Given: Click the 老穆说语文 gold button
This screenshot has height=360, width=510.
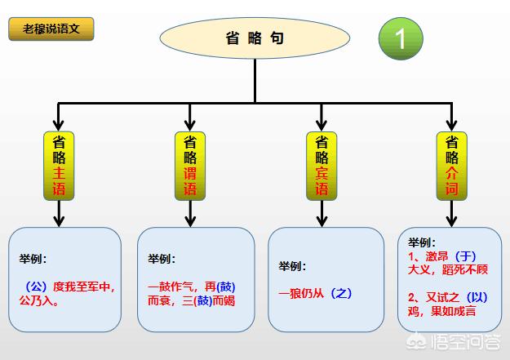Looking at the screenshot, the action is click(x=51, y=29).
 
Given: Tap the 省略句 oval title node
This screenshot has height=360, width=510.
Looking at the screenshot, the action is click(x=255, y=38).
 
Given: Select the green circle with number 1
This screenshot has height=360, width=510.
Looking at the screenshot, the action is click(x=401, y=38).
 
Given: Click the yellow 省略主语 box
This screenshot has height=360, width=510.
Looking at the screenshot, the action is click(x=59, y=166).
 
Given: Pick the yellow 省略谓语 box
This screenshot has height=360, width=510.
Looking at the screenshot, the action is click(x=190, y=166).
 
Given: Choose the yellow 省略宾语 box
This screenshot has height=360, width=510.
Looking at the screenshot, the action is click(x=322, y=166).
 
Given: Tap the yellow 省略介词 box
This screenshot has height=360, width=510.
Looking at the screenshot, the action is click(x=451, y=166).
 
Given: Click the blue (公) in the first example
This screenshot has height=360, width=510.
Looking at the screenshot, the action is click(x=36, y=287).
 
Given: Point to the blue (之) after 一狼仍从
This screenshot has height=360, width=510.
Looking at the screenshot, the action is click(x=341, y=294).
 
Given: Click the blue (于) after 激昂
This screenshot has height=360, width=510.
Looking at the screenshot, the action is click(x=465, y=256).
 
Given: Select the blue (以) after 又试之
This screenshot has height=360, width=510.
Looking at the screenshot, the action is click(x=477, y=297).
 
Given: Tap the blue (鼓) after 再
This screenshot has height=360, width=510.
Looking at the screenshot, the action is click(x=226, y=287).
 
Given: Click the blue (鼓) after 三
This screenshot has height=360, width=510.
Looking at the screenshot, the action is click(x=203, y=300).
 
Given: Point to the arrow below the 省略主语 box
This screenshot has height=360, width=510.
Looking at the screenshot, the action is click(x=59, y=214).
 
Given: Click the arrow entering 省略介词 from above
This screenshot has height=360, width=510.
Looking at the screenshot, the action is click(x=451, y=118).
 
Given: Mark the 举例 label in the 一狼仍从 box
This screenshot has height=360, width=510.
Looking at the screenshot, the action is click(x=292, y=266).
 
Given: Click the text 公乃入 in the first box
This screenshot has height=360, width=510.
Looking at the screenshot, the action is click(x=36, y=300).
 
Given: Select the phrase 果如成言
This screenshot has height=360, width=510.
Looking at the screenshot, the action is click(x=453, y=311).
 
